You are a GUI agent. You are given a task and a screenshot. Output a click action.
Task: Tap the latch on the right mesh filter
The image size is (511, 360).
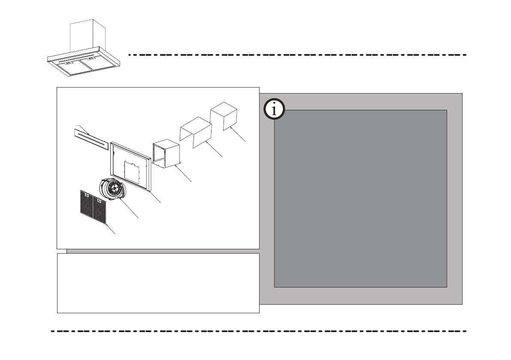pyautogui.click(x=99, y=200)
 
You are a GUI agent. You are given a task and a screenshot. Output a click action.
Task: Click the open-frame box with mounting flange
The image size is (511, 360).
pyautogui.click(x=166, y=154)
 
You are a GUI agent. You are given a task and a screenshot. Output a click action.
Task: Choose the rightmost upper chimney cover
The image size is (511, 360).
pyautogui.click(x=224, y=115)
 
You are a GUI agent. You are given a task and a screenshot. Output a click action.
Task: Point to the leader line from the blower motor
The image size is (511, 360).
pyautogui.click(x=131, y=210)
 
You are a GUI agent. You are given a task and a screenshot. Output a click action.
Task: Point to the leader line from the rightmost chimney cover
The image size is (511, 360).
pyautogui.click(x=238, y=135)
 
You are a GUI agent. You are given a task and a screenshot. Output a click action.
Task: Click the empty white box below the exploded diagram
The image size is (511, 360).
pyautogui.click(x=158, y=283)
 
